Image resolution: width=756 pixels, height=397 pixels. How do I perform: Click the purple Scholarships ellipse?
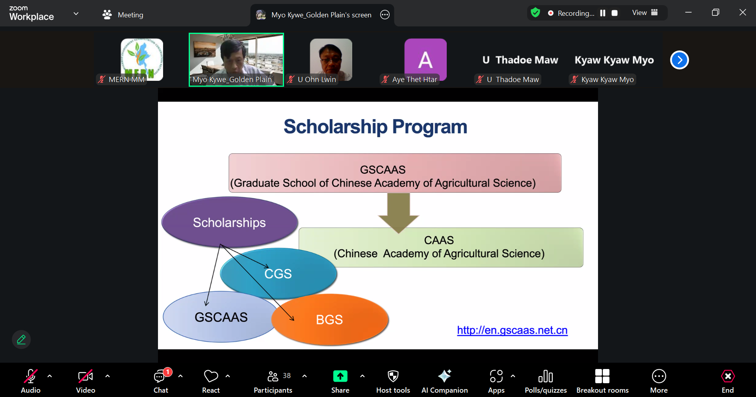pos(230,222)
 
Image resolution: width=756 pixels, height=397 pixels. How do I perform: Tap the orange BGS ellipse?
pos(330,319)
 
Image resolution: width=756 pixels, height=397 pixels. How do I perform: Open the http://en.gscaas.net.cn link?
pos(512,330)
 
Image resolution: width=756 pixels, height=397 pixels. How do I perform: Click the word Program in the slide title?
pos(429,127)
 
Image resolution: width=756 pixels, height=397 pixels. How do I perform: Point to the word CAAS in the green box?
pos(439,240)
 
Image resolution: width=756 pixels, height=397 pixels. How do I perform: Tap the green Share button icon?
pos(340,376)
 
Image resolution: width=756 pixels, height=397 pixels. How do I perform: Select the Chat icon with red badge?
pos(160,376)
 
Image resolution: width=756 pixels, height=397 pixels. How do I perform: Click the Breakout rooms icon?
pos(602,376)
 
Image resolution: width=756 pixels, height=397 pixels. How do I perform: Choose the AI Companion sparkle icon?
pos(445,376)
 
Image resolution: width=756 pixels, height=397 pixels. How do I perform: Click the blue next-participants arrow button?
pos(680,60)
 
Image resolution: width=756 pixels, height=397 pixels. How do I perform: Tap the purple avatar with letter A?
pos(425,60)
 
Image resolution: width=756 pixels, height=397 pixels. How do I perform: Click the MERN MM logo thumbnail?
pos(142,60)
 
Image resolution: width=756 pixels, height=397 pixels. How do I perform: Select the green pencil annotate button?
pos(21,339)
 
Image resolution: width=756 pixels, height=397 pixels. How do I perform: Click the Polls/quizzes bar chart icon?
pos(546,376)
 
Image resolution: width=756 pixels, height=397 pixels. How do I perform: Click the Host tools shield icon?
pos(393,376)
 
